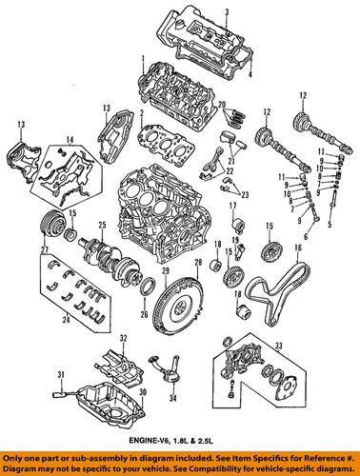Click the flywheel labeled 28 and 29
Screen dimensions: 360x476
pyautogui.click(x=177, y=305)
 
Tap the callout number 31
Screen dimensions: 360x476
pyautogui.click(x=61, y=375)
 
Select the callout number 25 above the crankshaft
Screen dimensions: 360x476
pyautogui.click(x=102, y=226)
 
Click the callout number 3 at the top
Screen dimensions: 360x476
pyautogui.click(x=227, y=12)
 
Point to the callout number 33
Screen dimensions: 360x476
pyautogui.click(x=278, y=345)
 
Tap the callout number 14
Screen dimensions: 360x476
pyautogui.click(x=70, y=139)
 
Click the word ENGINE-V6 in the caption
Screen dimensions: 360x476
pyautogui.click(x=143, y=441)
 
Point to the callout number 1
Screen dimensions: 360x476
pyautogui.click(x=143, y=58)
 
